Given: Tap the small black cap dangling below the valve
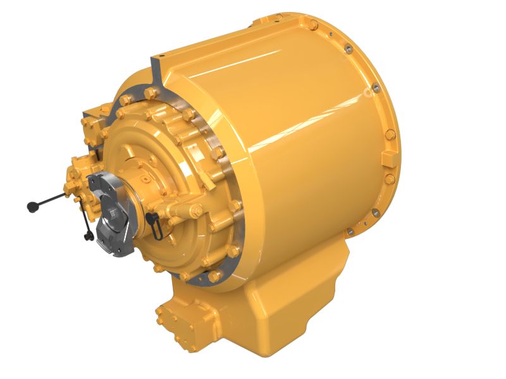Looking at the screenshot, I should click(x=89, y=236).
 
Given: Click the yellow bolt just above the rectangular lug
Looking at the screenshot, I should click(x=390, y=133).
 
